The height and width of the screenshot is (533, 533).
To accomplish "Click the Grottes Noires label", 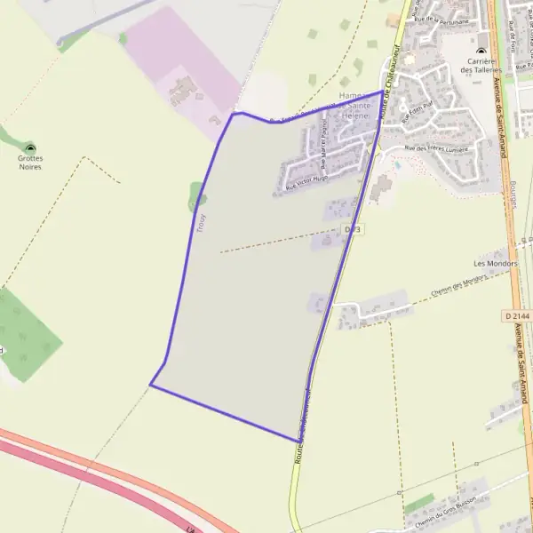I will [x=30, y=163].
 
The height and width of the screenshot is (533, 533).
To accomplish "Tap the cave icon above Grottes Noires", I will [x=30, y=148].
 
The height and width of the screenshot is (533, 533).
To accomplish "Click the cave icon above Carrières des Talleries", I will [x=481, y=50].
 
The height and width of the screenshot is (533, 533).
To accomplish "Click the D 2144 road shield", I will [x=517, y=316].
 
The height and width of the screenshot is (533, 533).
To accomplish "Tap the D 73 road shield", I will [x=353, y=230].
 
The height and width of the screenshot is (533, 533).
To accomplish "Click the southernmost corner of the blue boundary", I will [x=297, y=441].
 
